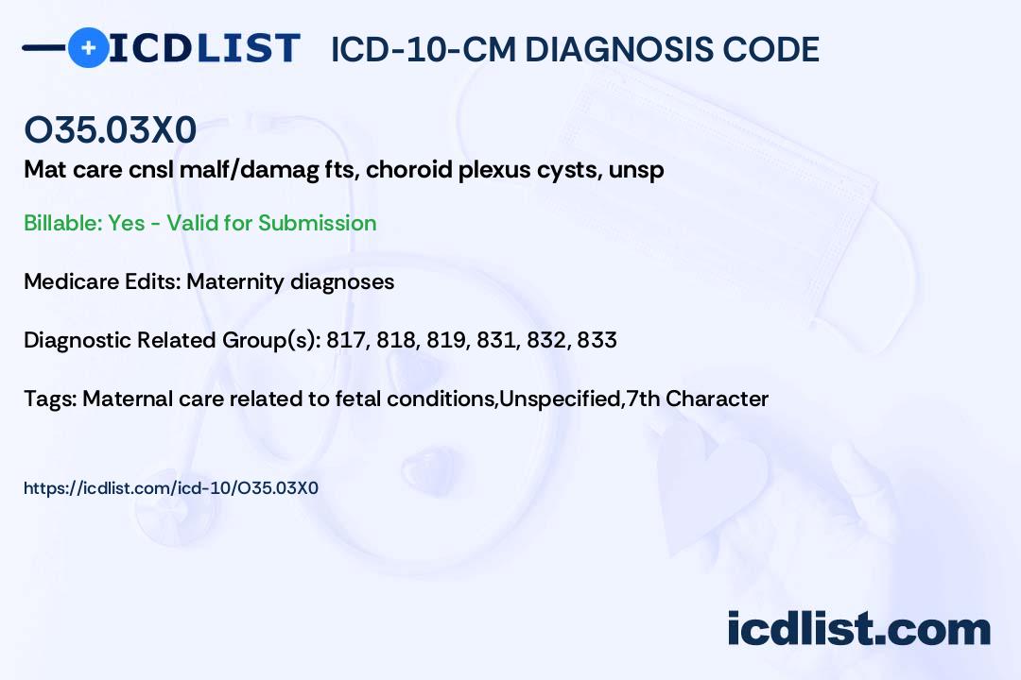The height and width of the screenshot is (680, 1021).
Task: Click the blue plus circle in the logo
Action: tap(88, 47)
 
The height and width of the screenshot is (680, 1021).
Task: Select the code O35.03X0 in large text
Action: tap(111, 131)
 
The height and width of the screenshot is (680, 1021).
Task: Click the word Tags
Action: tap(49, 399)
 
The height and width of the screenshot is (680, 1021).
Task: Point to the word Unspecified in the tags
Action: tap(559, 399)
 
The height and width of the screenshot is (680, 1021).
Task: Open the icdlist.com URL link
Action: tap(171, 488)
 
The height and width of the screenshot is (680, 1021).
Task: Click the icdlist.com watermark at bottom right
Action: tap(858, 629)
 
